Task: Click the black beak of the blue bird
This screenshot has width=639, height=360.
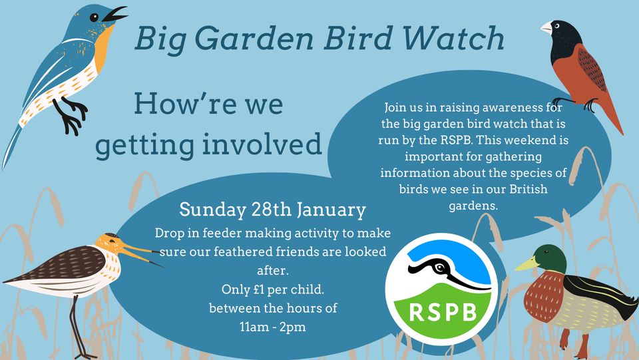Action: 114,14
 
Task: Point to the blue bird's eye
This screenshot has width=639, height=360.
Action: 94,17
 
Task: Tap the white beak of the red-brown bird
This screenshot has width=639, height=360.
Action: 546,27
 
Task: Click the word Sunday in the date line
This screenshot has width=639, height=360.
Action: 212,210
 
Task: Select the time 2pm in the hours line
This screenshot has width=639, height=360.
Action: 293,327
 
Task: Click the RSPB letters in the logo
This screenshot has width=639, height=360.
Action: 443,313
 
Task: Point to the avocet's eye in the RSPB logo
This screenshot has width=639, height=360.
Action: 440,268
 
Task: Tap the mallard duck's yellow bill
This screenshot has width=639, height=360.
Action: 527,264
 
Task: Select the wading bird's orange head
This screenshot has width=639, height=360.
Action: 109,244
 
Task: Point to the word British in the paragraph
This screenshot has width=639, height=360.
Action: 529,190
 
